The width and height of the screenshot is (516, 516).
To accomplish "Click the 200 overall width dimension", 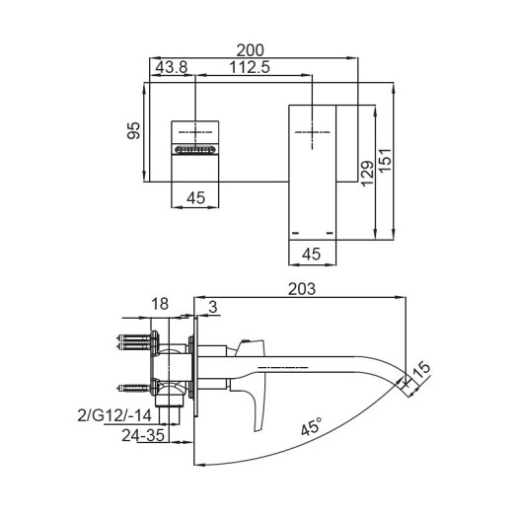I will tap(253, 47).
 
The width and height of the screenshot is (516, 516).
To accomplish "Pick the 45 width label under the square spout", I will tap(195, 198).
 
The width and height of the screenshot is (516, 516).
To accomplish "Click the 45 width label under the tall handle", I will tap(312, 254).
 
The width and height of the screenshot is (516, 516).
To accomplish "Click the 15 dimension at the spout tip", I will tap(422, 371).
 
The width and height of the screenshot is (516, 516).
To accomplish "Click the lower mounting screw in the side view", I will tap(134, 386).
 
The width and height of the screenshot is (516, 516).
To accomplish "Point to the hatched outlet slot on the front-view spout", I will tap(195, 149).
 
